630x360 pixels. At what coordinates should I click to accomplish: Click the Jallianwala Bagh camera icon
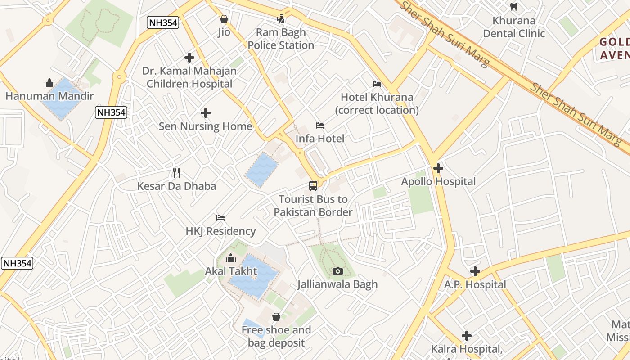click(x=337, y=271)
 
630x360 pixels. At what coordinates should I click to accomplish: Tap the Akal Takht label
click(x=231, y=271)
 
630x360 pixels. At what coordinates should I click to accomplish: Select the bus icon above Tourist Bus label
click(x=313, y=185)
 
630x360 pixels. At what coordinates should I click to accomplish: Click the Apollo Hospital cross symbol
click(x=438, y=168)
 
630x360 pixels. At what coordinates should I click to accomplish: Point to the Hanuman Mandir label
click(x=49, y=96)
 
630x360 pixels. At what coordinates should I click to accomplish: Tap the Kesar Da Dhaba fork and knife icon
click(x=176, y=172)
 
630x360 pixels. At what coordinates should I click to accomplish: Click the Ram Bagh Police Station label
click(x=281, y=39)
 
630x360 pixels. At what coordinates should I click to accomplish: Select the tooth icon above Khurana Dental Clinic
click(x=513, y=7)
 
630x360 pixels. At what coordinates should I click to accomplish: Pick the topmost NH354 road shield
click(x=163, y=22)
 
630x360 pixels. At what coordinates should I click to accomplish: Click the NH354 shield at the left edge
click(x=17, y=263)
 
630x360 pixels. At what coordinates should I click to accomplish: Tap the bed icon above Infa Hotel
click(x=320, y=125)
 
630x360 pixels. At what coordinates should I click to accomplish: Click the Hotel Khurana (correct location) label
click(x=377, y=103)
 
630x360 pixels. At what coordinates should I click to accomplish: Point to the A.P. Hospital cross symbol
click(x=475, y=271)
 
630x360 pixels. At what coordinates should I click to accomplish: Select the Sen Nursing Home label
click(x=205, y=126)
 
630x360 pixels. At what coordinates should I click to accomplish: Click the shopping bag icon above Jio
click(x=224, y=19)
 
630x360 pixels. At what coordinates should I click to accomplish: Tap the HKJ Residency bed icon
click(x=220, y=218)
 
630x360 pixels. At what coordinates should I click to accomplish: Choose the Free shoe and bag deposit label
click(x=276, y=336)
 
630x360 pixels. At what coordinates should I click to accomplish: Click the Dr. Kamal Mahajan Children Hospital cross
click(x=189, y=58)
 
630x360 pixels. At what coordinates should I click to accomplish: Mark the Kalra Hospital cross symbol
click(x=467, y=336)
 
